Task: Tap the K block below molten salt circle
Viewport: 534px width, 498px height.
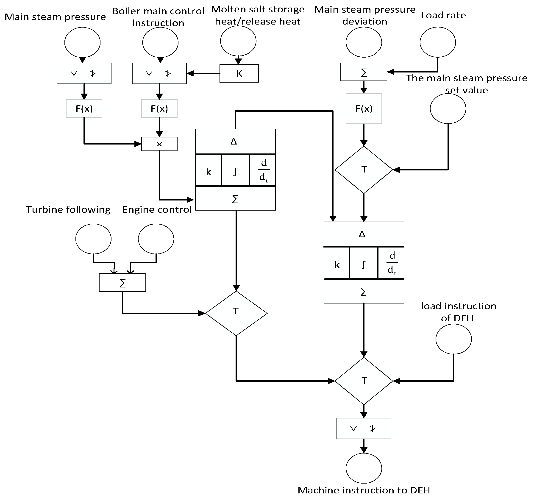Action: pyautogui.click(x=239, y=73)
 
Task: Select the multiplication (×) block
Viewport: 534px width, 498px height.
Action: pyautogui.click(x=159, y=144)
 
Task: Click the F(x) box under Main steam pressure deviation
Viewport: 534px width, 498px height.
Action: pyautogui.click(x=364, y=109)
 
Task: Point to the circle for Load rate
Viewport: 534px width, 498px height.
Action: pyautogui.click(x=438, y=42)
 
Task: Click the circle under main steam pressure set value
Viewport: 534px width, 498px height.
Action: pyautogui.click(x=448, y=109)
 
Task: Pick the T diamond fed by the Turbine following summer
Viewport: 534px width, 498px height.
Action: pyautogui.click(x=236, y=313)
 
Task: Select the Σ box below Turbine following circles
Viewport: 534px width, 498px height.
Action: pyautogui.click(x=122, y=283)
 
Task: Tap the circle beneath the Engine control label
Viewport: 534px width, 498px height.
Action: pyautogui.click(x=156, y=239)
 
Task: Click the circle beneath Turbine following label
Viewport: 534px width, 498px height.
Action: pyautogui.click(x=93, y=239)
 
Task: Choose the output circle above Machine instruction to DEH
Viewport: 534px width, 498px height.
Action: pyautogui.click(x=364, y=468)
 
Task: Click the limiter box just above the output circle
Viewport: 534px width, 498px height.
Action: pyautogui.click(x=364, y=428)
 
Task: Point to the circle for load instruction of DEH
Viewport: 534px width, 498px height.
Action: pyautogui.click(x=453, y=339)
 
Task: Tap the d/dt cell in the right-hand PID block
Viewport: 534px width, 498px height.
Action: pyautogui.click(x=391, y=263)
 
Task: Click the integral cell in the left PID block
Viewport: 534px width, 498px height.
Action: pyautogui.click(x=235, y=170)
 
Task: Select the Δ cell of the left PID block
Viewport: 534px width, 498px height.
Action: pyautogui.click(x=235, y=142)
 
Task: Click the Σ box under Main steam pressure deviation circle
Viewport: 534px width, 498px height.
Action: pyautogui.click(x=364, y=72)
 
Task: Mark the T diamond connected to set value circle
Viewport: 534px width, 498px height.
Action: pyautogui.click(x=364, y=170)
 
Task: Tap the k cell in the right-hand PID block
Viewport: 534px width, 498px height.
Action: pyautogui.click(x=337, y=263)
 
